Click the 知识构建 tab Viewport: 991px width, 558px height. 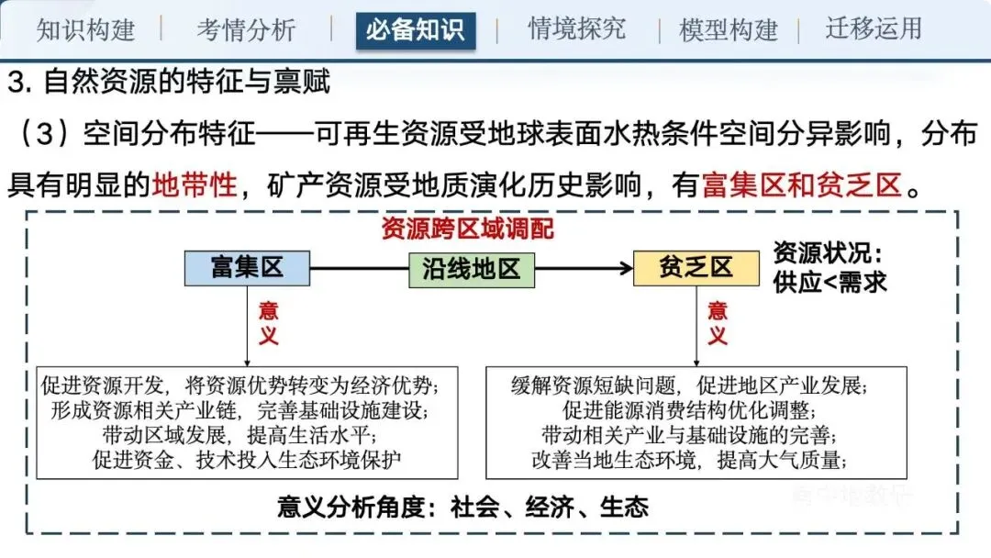coord(85,29)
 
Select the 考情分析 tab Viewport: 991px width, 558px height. coord(246,29)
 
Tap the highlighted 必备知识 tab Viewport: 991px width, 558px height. coord(415,30)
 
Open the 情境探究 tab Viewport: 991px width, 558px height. coord(577,28)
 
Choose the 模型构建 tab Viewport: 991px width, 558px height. coord(729,29)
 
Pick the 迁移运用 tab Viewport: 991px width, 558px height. coord(873,28)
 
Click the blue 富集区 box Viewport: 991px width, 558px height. coord(247,268)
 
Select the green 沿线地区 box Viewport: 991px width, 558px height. coord(472,269)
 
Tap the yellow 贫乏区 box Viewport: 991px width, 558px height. coord(696,268)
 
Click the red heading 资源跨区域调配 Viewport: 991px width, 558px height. coord(468,229)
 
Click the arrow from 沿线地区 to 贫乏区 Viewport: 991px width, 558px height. coord(584,269)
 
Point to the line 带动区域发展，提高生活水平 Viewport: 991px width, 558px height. coord(247,432)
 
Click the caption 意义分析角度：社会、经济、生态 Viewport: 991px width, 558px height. coord(463,508)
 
